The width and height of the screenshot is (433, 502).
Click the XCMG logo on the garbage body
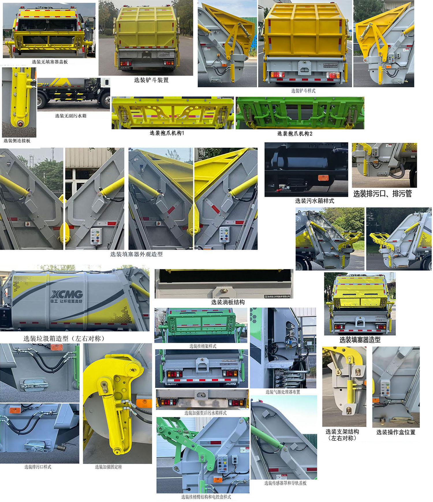coord(67,294)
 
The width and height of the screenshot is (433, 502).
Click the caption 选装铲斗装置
coord(151,80)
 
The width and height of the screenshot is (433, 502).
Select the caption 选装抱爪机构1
coord(167,133)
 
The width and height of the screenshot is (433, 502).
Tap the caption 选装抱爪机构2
coord(295,134)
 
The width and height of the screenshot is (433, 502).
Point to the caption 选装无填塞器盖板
coord(50,62)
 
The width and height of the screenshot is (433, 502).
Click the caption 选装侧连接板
coord(17,141)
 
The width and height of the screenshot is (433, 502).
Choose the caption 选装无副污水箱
coord(71,116)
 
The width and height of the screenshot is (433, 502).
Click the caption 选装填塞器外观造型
coord(136,254)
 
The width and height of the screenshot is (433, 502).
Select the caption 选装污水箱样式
coord(314,201)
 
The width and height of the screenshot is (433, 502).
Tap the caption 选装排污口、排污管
coord(382,194)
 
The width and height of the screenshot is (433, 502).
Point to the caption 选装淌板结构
coord(228,302)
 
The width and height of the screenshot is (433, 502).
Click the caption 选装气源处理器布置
coord(283,392)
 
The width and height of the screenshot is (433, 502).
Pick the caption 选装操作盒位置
coord(395,432)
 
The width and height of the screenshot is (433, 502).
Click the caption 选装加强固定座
coord(108,467)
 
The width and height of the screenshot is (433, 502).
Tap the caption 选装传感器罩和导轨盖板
coord(285,483)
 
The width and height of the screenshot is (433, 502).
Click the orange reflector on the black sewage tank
coord(323,177)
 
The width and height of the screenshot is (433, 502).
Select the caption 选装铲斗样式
coord(303,91)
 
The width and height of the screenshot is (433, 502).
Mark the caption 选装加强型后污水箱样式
coord(205,413)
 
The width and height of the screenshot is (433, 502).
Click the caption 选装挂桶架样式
coord(203,346)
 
